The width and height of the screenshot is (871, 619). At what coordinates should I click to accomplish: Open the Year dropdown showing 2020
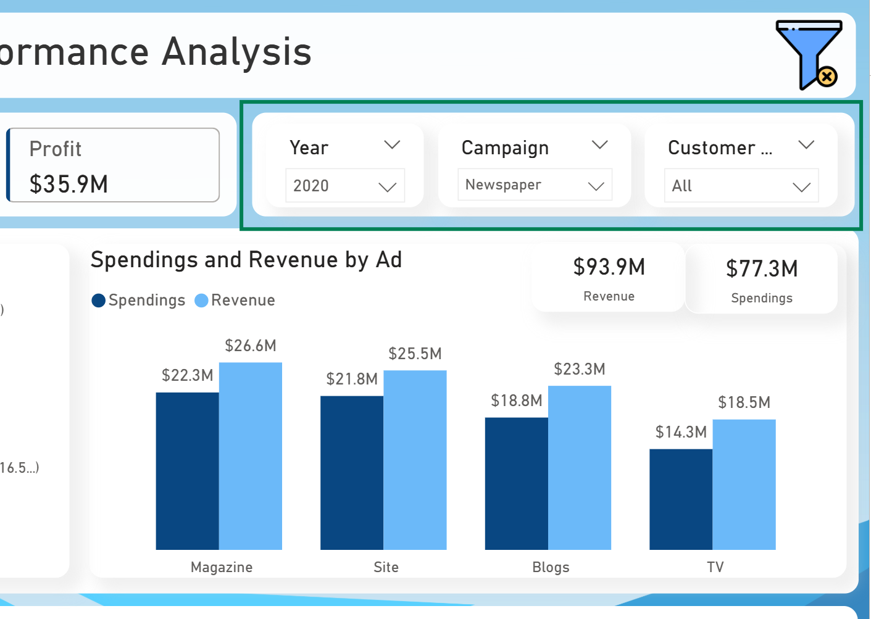click(x=344, y=186)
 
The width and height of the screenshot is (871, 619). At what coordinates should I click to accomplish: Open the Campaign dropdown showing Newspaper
click(x=535, y=185)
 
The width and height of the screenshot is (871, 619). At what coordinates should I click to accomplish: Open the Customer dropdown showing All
click(x=741, y=186)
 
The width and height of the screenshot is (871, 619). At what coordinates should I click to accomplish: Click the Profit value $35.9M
click(x=69, y=184)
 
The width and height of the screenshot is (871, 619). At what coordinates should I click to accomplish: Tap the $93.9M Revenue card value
click(x=609, y=267)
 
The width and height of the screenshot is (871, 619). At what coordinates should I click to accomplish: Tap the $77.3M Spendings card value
click(x=761, y=268)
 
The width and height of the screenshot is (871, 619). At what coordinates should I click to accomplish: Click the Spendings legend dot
click(x=98, y=301)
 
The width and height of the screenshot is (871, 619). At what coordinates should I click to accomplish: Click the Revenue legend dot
click(x=201, y=301)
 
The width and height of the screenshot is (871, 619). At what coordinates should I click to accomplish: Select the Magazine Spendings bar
click(x=187, y=471)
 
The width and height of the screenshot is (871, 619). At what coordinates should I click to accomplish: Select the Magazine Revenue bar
click(x=251, y=456)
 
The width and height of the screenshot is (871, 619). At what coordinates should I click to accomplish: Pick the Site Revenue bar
click(x=415, y=460)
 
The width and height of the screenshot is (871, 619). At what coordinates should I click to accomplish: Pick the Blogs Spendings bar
click(x=516, y=483)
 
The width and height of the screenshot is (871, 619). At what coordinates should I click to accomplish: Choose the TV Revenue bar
click(x=744, y=484)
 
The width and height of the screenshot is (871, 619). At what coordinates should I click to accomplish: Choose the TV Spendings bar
click(x=680, y=499)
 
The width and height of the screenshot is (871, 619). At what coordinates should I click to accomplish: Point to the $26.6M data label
click(x=251, y=346)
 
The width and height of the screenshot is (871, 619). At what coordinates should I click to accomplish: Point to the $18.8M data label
click(x=516, y=401)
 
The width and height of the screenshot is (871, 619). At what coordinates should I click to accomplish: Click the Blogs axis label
click(x=551, y=567)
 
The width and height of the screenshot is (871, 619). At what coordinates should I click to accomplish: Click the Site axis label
click(x=386, y=567)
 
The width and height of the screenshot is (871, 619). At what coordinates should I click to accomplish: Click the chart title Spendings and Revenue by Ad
click(x=246, y=260)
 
